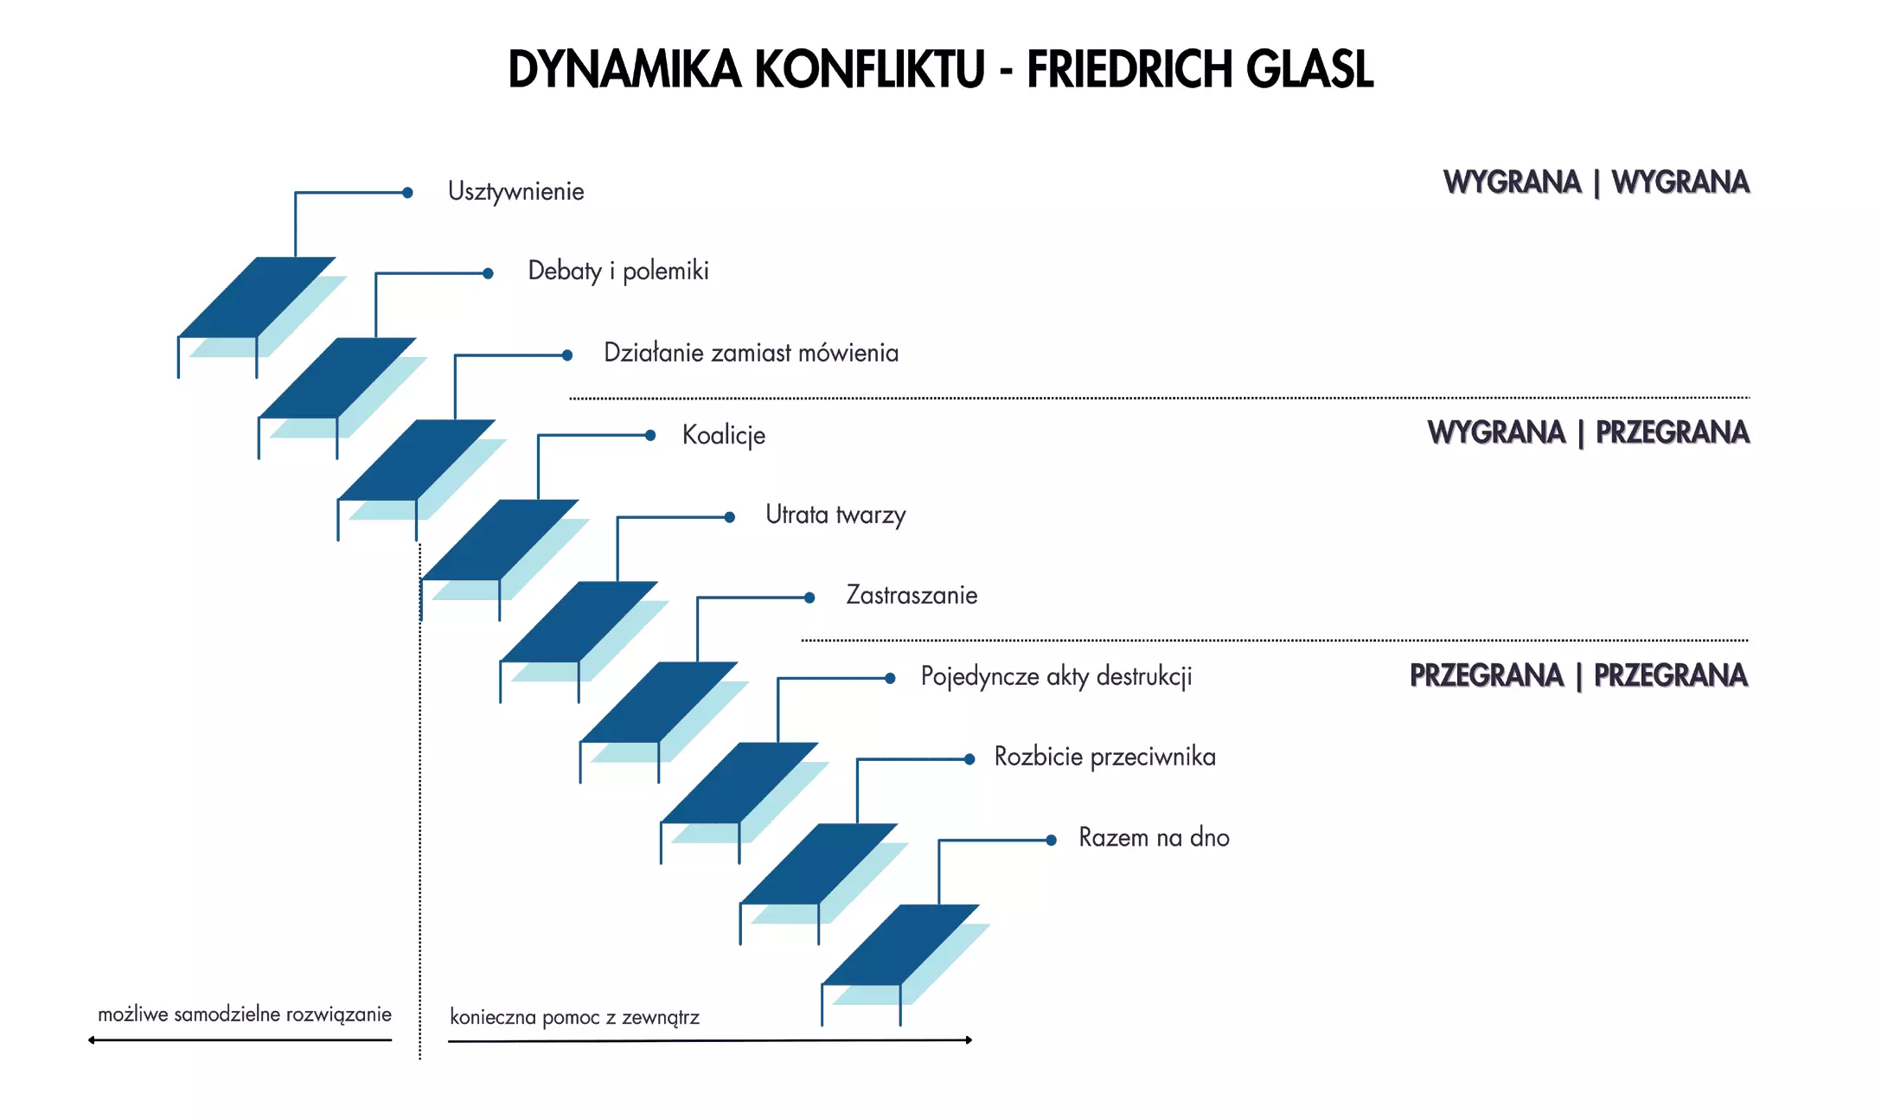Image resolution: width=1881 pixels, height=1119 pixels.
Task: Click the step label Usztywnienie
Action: [515, 191]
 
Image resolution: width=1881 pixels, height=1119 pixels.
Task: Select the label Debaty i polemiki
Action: [618, 271]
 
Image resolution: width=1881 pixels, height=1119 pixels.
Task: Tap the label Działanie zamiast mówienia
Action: [751, 353]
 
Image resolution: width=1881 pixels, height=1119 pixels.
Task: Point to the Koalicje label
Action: [724, 435]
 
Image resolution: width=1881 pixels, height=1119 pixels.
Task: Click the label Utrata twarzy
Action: [835, 515]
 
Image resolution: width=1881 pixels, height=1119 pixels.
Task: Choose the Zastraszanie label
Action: [912, 595]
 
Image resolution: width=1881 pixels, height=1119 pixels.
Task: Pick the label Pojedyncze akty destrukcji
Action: [1056, 676]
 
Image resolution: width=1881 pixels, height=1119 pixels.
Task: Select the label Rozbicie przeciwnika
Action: [1104, 757]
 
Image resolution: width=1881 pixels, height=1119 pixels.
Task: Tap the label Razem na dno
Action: [1154, 837]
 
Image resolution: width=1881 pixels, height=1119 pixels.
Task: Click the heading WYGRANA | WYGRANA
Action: [1596, 182]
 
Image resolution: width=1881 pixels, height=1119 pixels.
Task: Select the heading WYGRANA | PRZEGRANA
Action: [1589, 432]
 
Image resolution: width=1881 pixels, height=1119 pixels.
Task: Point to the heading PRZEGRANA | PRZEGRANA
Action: [1579, 675]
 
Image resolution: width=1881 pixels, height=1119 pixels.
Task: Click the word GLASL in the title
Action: [1309, 69]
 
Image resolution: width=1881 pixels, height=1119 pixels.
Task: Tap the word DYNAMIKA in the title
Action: [624, 69]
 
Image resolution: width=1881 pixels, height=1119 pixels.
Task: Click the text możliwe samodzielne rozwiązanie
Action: [245, 1014]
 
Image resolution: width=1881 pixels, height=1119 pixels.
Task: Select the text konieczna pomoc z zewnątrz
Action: [574, 1017]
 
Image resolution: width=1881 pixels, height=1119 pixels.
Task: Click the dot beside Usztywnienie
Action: [407, 193]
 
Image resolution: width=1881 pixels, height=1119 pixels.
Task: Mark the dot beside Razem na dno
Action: [1051, 840]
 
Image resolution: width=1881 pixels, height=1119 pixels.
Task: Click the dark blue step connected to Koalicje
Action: [500, 540]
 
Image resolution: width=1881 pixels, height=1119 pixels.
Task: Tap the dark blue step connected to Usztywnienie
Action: [257, 297]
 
